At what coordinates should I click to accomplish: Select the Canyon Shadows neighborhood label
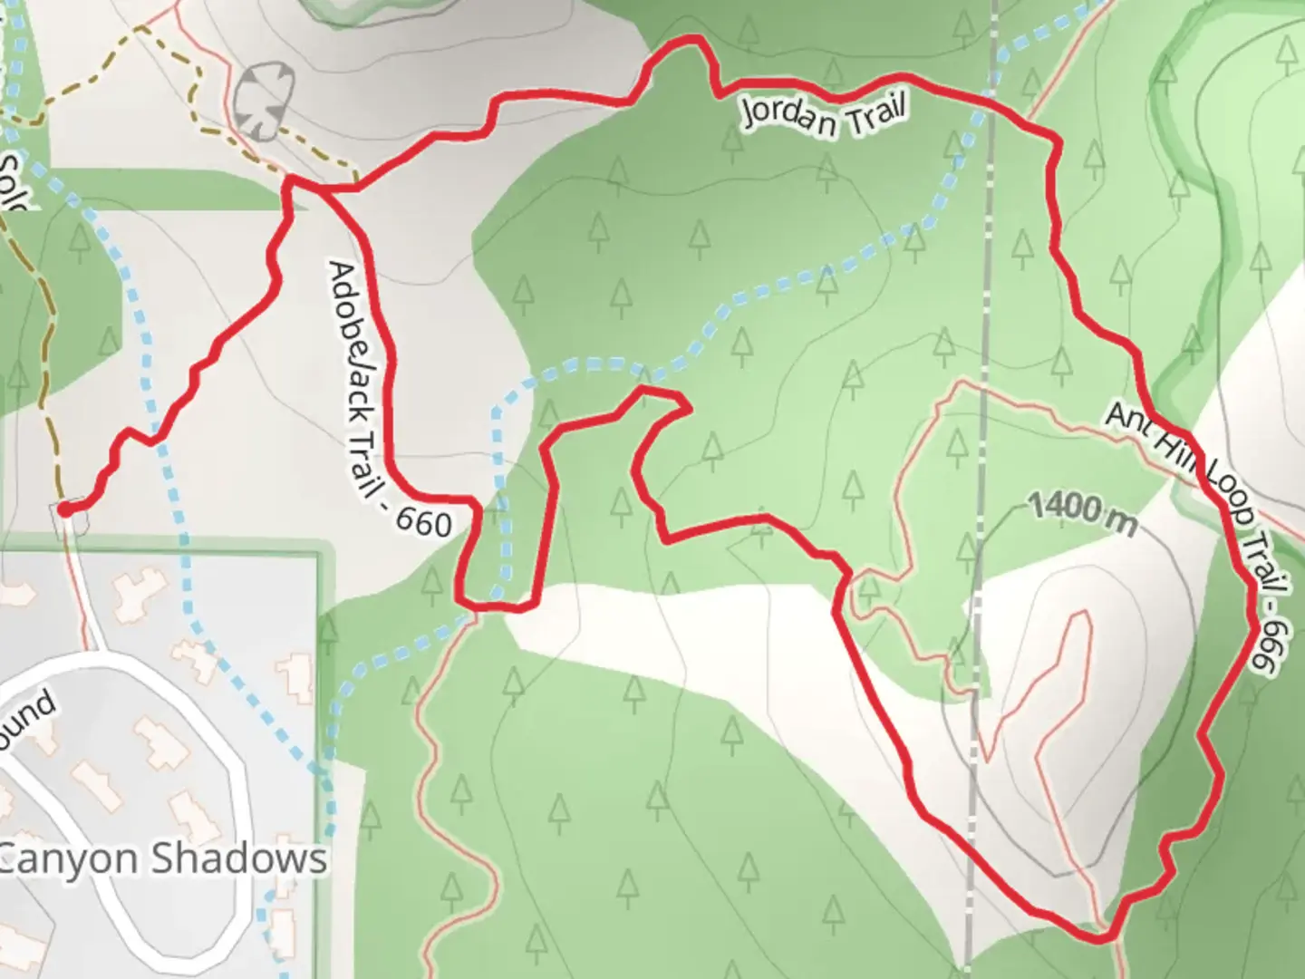coord(163,858)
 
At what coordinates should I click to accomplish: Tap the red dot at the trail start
coord(66,509)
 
